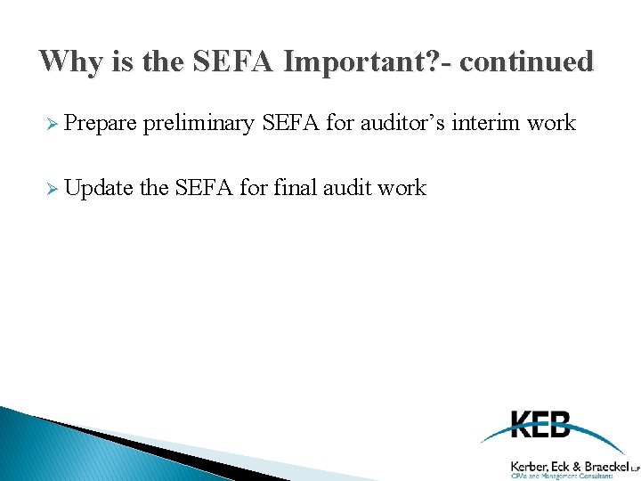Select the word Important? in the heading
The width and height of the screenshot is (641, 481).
(x=335, y=61)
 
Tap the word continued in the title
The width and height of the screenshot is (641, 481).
(x=526, y=61)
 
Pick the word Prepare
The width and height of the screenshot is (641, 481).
(x=100, y=123)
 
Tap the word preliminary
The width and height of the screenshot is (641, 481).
(x=199, y=123)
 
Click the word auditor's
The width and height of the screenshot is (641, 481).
(x=402, y=123)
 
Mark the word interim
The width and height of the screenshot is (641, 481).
(x=486, y=123)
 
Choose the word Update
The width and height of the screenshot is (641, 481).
(x=98, y=188)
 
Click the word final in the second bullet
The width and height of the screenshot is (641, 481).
(x=294, y=188)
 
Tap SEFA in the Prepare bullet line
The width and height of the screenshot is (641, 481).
(x=291, y=123)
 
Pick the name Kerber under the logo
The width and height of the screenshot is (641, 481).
(x=529, y=465)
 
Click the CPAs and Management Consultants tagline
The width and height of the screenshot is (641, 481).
(x=562, y=477)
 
